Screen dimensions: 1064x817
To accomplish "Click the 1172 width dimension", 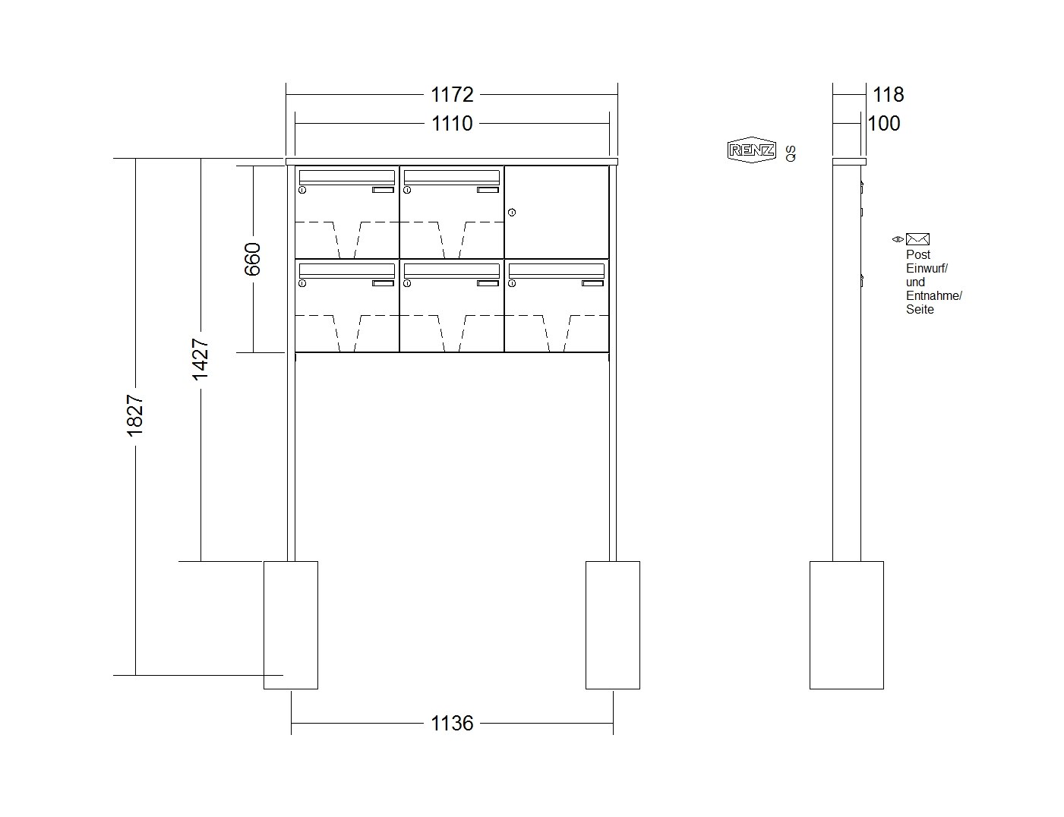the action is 451,95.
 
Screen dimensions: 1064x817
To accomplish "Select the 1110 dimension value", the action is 451,124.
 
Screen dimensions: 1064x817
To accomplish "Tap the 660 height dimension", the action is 253,259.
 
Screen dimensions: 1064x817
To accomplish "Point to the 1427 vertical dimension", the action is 200,359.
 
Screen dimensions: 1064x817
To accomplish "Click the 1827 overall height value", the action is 135,415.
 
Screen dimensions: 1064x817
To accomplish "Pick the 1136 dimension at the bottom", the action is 451,723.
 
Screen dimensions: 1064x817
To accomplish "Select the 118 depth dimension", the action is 889,95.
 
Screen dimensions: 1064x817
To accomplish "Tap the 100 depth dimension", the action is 884,124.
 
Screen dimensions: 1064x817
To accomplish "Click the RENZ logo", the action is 752,150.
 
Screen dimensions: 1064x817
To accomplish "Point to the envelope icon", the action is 917,239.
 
